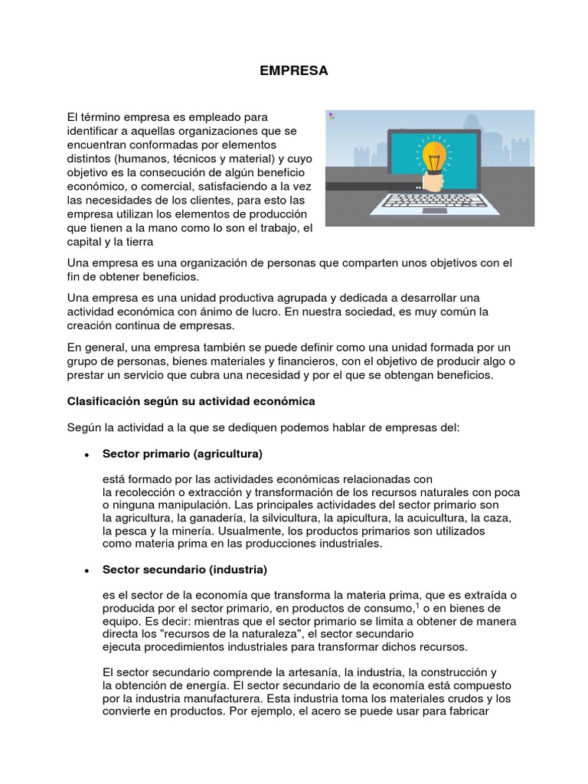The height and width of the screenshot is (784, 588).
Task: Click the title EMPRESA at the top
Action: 293,70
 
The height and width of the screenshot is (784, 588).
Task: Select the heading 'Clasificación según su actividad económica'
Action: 191,401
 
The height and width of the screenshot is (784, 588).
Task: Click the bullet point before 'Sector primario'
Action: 87,455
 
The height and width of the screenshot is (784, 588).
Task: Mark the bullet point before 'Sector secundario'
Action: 87,571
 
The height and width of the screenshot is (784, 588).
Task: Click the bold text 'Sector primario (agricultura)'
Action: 182,454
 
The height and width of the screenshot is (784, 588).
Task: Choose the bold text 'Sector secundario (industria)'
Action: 185,570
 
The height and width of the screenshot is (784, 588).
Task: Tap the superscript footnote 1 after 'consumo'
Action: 417,605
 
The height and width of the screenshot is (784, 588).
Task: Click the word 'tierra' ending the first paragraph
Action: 139,243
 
